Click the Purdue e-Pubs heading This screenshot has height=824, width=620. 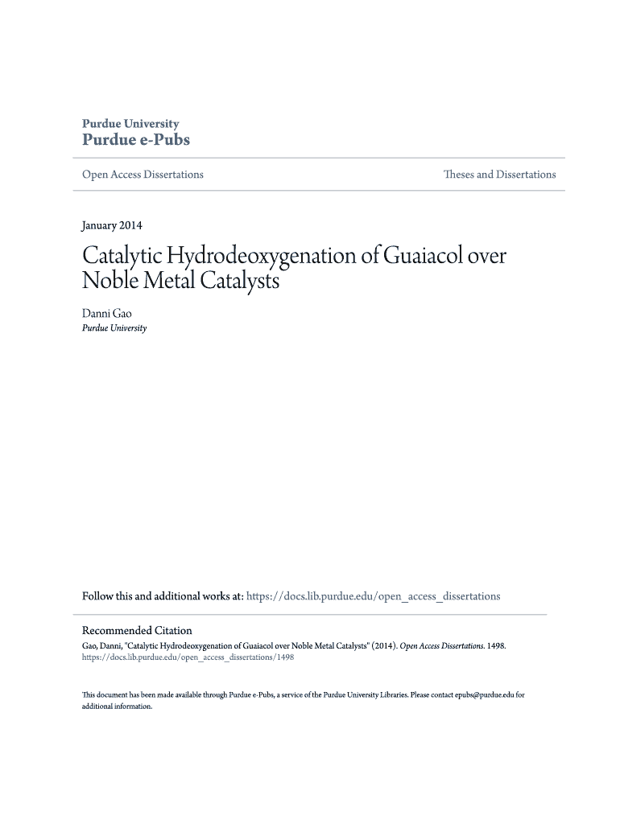coord(136,140)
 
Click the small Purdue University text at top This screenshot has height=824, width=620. coord(130,123)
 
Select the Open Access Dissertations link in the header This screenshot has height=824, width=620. coord(143,175)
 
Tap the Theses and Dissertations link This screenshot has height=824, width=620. coord(499,175)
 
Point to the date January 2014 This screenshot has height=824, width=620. coord(113,225)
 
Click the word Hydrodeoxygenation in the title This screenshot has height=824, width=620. coord(261,257)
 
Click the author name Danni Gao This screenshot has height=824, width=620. coord(106,313)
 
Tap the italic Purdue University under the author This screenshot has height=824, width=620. coord(114,328)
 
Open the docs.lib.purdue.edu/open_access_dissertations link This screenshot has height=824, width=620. coord(373,596)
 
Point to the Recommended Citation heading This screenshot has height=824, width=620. coord(137,630)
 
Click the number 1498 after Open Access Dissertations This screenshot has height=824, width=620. coord(494,645)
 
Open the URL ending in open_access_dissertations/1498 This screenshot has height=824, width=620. coord(188,657)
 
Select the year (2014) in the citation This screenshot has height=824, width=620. coord(382,645)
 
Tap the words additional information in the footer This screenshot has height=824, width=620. coord(117,706)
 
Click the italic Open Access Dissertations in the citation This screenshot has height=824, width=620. coord(440,645)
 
